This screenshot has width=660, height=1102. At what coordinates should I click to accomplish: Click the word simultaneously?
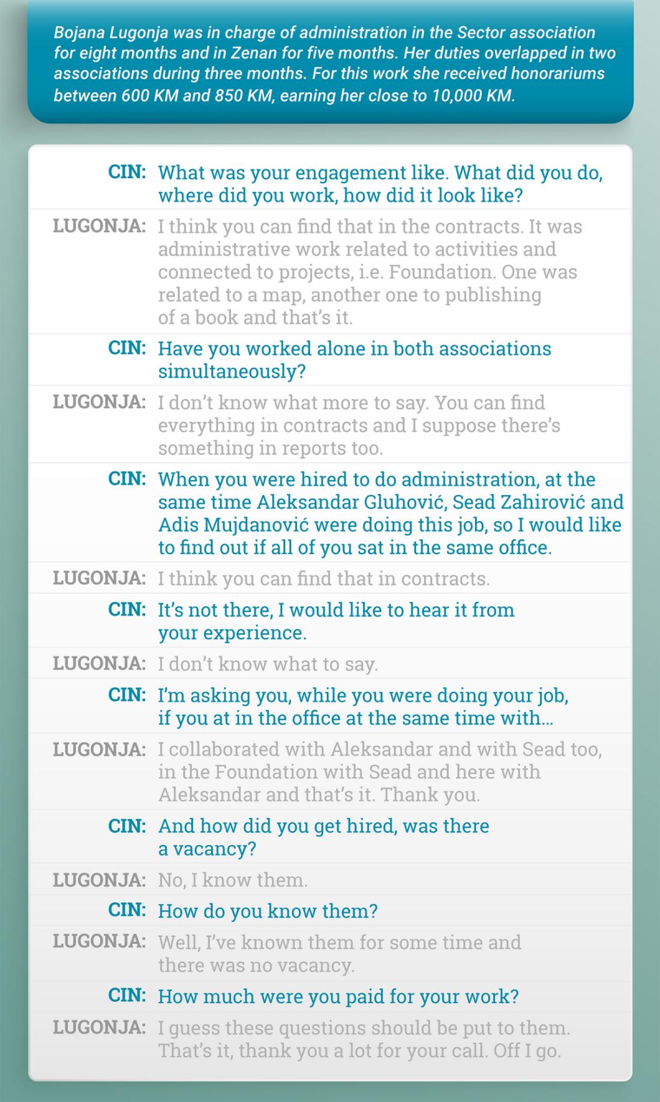pyautogui.click(x=232, y=372)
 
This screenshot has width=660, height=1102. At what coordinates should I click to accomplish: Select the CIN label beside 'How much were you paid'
pyautogui.click(x=127, y=995)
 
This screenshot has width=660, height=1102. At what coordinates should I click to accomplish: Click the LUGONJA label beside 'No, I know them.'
pyautogui.click(x=99, y=880)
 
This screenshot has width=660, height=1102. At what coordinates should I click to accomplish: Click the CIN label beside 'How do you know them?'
pyautogui.click(x=127, y=910)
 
